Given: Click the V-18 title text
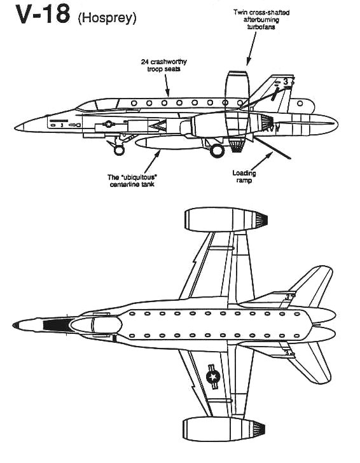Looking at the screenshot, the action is [43, 14].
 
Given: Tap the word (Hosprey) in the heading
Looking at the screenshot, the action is [107, 18].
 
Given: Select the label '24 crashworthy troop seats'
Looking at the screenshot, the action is [164, 66].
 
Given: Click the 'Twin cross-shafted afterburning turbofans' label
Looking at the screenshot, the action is [261, 20].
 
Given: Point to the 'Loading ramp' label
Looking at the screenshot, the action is [244, 176].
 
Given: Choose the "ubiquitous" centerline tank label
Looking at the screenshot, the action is [132, 181].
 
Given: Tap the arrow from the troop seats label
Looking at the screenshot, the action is [167, 85].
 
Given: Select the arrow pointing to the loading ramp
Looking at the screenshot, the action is [261, 162].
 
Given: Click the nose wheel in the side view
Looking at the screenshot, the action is [119, 150].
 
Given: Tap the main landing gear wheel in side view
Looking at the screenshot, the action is [217, 151].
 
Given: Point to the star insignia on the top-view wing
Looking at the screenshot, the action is [213, 377].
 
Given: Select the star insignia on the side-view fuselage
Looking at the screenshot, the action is [109, 124].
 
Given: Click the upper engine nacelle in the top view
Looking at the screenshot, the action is [226, 219].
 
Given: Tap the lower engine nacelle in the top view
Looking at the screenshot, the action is [223, 429].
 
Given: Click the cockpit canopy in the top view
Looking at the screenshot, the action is [97, 325].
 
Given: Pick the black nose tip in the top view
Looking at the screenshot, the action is [16, 325].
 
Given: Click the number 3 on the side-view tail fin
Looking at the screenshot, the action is [286, 82].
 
